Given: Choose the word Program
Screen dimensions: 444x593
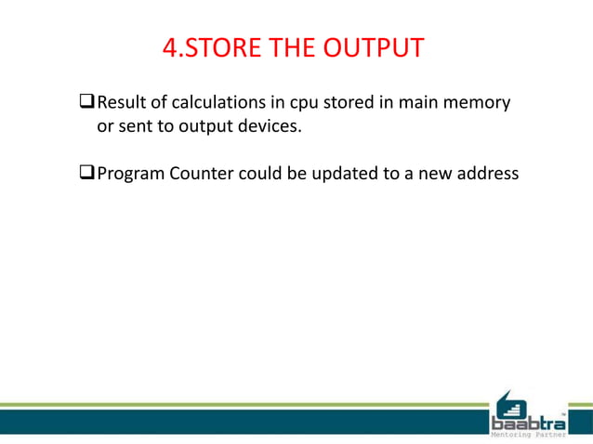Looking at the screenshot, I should (x=130, y=174).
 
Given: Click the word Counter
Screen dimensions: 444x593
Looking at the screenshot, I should (x=203, y=173).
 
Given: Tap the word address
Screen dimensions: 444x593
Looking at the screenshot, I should (x=484, y=173).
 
